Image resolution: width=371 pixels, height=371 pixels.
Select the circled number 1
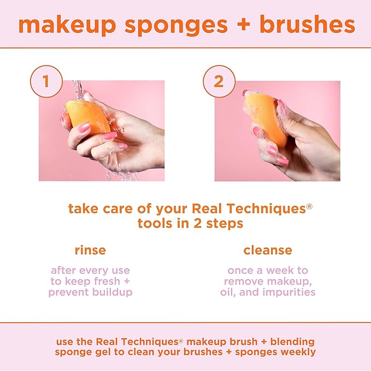coord(46,82)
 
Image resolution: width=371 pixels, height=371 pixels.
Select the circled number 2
coord(219,82)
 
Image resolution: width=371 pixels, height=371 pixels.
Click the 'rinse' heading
coord(90,250)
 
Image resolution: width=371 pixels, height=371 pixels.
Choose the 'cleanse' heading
coord(268,250)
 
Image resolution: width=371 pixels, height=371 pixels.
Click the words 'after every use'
coord(90,270)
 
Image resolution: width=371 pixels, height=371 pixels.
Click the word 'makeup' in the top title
coord(67,26)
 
